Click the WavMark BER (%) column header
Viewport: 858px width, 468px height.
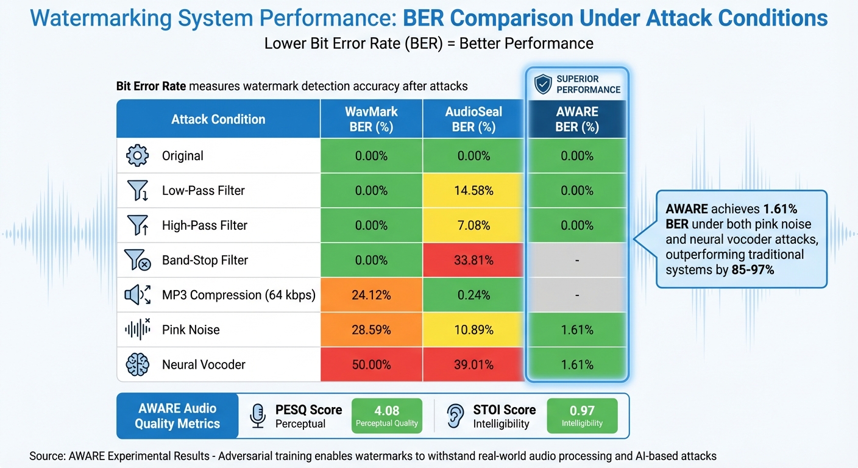tap(371, 119)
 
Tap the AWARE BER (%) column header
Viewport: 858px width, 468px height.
tap(577, 119)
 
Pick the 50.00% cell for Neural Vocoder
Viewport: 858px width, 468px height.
tap(371, 364)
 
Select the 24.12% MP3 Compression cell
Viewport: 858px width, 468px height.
tap(371, 295)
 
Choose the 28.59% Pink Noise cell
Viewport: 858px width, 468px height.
tap(371, 330)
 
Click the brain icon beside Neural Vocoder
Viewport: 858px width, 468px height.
tap(137, 364)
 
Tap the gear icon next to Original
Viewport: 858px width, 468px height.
tap(137, 156)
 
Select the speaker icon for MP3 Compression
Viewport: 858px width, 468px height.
tap(137, 295)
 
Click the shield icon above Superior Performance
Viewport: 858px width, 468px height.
tap(542, 85)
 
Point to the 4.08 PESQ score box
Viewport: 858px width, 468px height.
tap(387, 416)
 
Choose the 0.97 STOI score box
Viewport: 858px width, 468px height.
tap(582, 416)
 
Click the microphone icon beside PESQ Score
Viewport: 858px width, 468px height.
tap(258, 416)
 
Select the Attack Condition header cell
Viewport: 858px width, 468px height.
tap(218, 119)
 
